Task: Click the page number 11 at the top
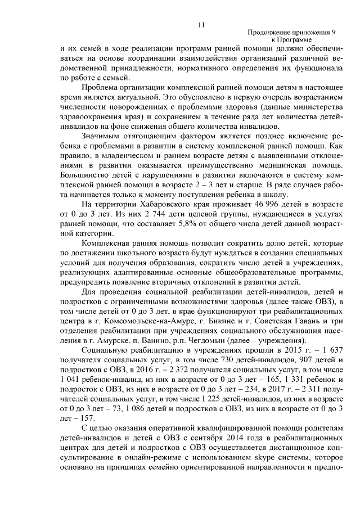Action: pyautogui.click(x=201, y=24)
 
